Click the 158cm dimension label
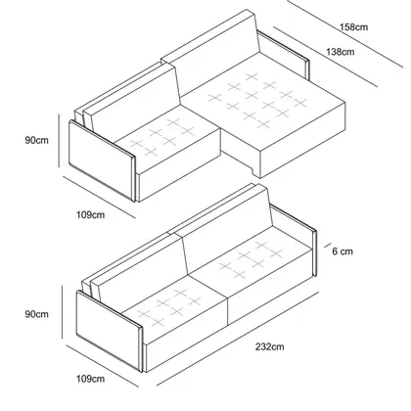click(x=353, y=26)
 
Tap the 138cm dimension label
click(x=341, y=52)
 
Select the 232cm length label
click(x=269, y=346)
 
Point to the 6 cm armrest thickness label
click(x=342, y=251)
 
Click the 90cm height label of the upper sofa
click(x=36, y=140)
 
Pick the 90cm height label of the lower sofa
click(x=36, y=314)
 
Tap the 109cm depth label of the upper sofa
click(x=91, y=215)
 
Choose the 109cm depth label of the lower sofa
click(x=91, y=379)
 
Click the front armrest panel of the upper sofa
click(x=102, y=160)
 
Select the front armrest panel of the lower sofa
click(x=110, y=331)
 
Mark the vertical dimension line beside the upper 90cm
click(x=59, y=140)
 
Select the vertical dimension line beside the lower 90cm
click(x=62, y=312)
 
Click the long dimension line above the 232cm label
click(x=238, y=339)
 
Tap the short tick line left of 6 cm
click(x=328, y=246)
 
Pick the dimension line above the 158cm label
click(x=345, y=33)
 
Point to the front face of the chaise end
click(x=302, y=140)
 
